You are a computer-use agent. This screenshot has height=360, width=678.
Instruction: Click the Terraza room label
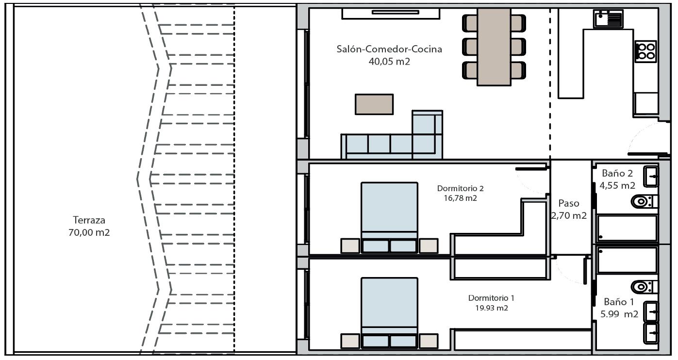[89, 220]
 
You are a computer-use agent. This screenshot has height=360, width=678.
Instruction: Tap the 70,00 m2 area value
[89, 232]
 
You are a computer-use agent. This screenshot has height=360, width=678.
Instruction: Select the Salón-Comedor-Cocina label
[389, 49]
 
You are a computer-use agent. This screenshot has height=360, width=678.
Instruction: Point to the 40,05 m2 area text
[389, 62]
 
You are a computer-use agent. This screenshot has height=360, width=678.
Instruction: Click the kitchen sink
[609, 19]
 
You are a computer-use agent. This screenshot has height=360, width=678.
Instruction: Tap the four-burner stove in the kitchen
[645, 51]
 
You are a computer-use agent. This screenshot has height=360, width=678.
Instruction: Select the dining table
[494, 47]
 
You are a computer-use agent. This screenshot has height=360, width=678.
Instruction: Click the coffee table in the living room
[374, 104]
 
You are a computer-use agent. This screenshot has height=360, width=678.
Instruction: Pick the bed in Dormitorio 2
[389, 217]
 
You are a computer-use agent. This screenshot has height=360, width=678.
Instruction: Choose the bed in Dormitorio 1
[389, 313]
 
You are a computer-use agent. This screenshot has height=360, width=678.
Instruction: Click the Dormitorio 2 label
[461, 188]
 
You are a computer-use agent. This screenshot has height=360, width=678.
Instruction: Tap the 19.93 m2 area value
[492, 308]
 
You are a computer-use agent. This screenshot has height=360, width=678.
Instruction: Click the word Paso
[569, 203]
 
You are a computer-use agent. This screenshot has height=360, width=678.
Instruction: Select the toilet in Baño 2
[645, 201]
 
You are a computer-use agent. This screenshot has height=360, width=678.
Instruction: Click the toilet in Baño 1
[645, 287]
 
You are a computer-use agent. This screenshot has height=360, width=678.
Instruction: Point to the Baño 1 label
[619, 302]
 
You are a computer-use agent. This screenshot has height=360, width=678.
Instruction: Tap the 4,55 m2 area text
[617, 185]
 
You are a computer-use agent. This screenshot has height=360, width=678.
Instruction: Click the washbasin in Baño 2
[651, 176]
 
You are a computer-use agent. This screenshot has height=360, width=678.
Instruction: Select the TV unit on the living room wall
[391, 14]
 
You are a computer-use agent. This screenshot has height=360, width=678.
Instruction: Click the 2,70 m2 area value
[569, 216]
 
